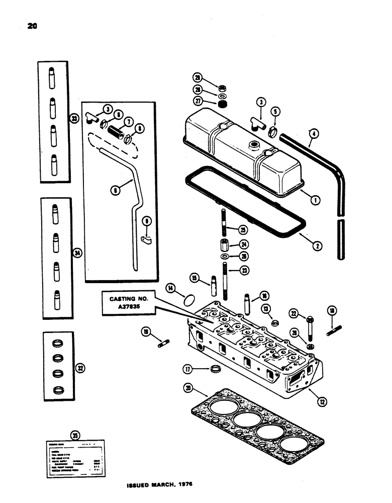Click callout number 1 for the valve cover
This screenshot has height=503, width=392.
point(302,200)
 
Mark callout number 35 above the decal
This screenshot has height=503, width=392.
point(75,436)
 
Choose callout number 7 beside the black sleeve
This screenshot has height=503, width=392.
point(127,122)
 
